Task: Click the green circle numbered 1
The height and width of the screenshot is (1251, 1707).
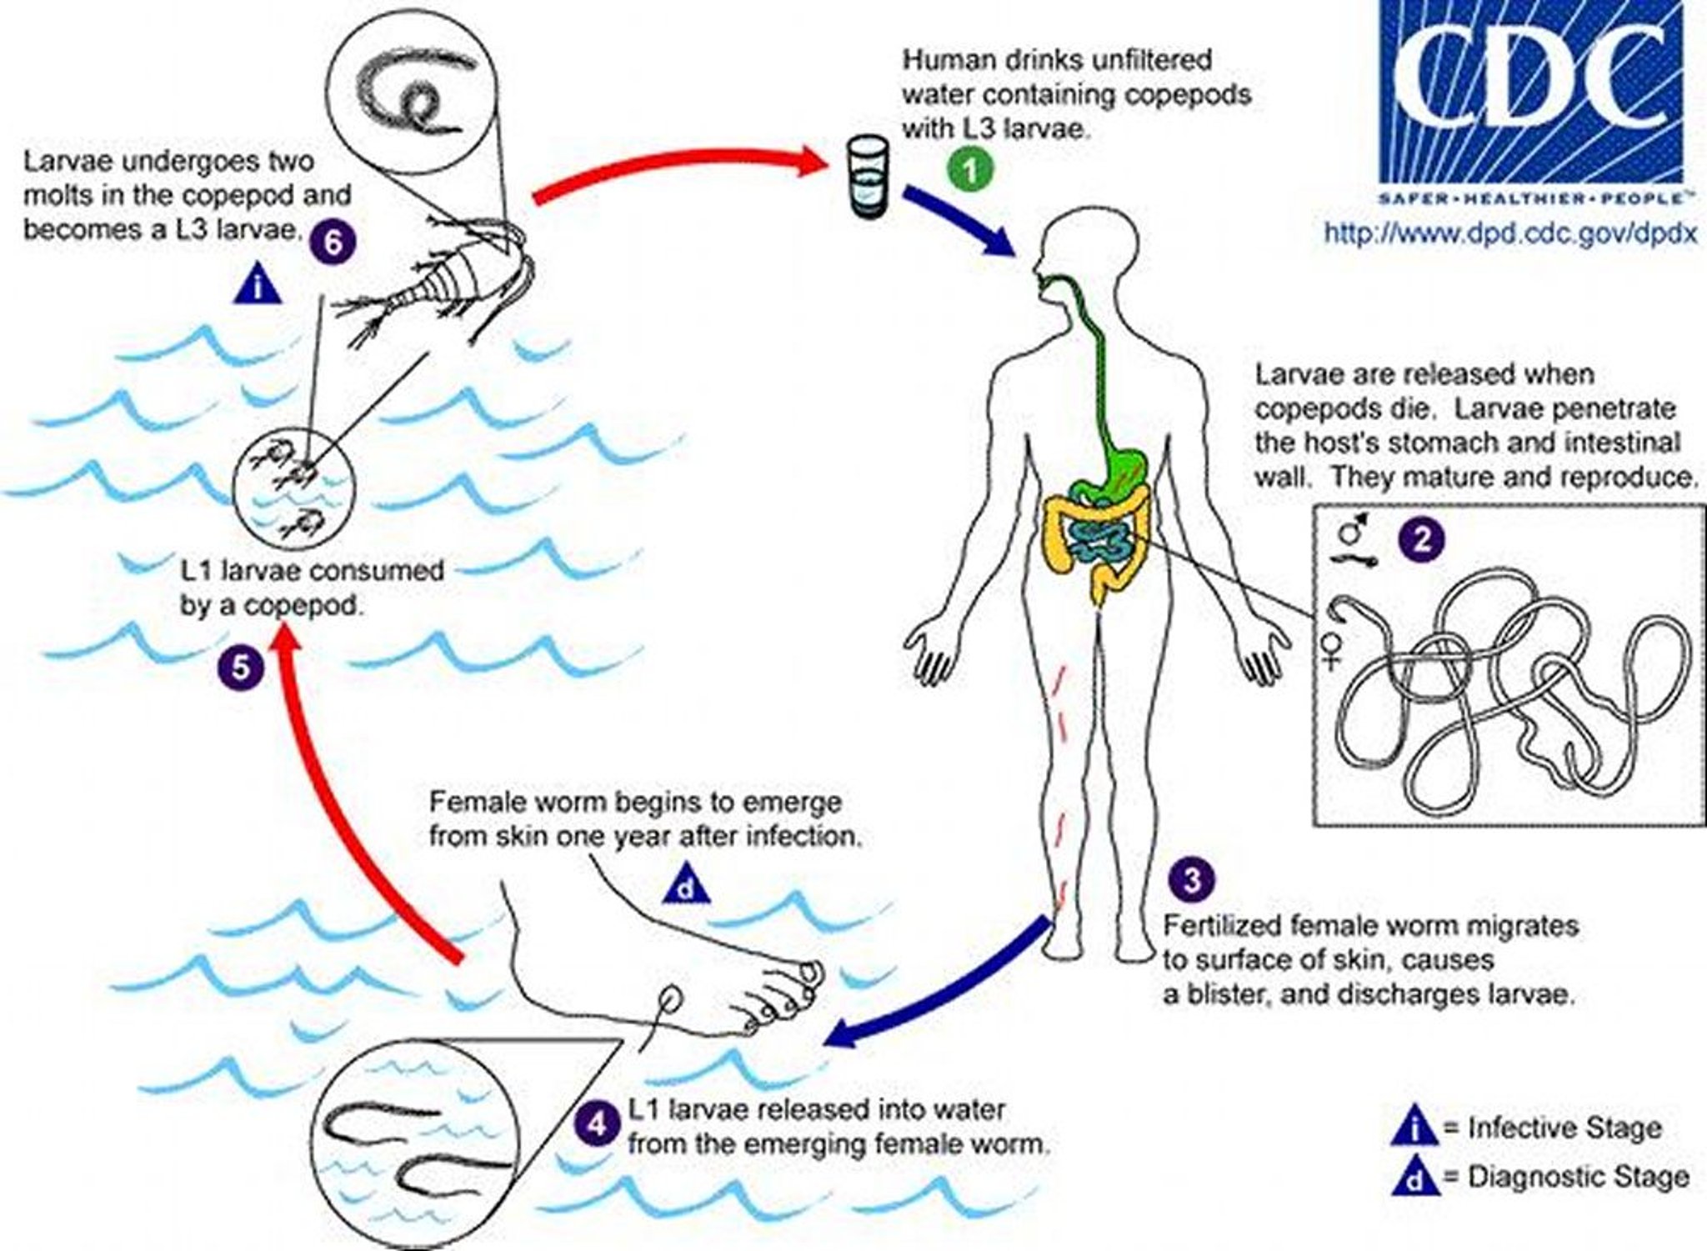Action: click(970, 171)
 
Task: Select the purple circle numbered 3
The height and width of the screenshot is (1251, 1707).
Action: click(1192, 880)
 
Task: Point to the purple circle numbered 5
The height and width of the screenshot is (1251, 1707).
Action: click(241, 668)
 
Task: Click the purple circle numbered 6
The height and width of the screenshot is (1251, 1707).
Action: click(332, 243)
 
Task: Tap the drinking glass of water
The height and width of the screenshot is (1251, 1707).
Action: click(867, 178)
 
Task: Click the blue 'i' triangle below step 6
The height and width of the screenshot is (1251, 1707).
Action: click(258, 286)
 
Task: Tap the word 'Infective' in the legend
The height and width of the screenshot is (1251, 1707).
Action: click(1515, 1128)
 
